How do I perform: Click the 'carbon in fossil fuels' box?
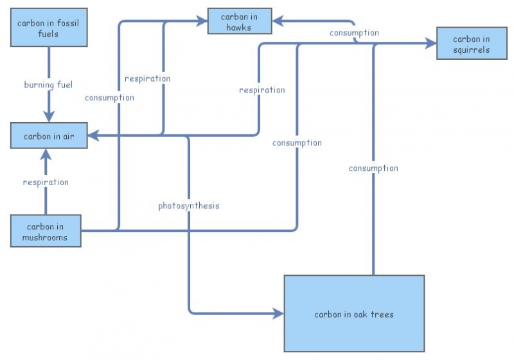click(48, 28)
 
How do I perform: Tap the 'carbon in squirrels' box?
click(471, 44)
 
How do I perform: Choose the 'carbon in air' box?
click(49, 136)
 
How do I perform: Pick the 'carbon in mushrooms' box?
click(46, 231)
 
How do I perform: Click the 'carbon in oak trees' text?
click(354, 314)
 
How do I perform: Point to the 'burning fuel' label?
click(49, 85)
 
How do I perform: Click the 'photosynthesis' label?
click(189, 206)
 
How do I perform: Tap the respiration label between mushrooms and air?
click(46, 182)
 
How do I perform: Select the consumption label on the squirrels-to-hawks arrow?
click(354, 33)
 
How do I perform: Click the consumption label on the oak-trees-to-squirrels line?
click(373, 168)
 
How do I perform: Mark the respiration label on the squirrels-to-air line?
click(262, 90)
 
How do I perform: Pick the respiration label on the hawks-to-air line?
click(148, 78)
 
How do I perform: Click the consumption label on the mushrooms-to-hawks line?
click(110, 98)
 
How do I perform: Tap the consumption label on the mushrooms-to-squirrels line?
click(297, 143)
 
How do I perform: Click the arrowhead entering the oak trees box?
click(278, 314)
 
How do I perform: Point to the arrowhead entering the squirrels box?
click(430, 44)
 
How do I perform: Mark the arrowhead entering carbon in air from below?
click(46, 154)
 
